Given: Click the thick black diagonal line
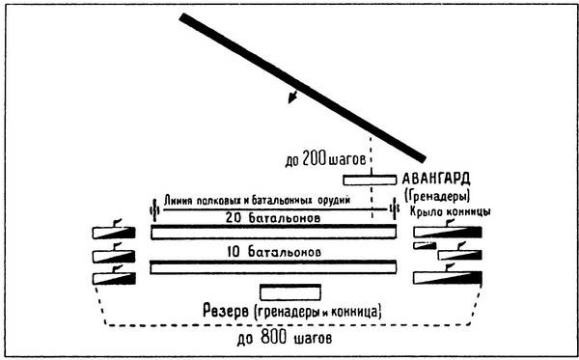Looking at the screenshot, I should click(x=299, y=87).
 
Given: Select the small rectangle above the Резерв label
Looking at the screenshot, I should click(x=289, y=291).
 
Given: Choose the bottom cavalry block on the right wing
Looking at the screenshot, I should click(x=450, y=279).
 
